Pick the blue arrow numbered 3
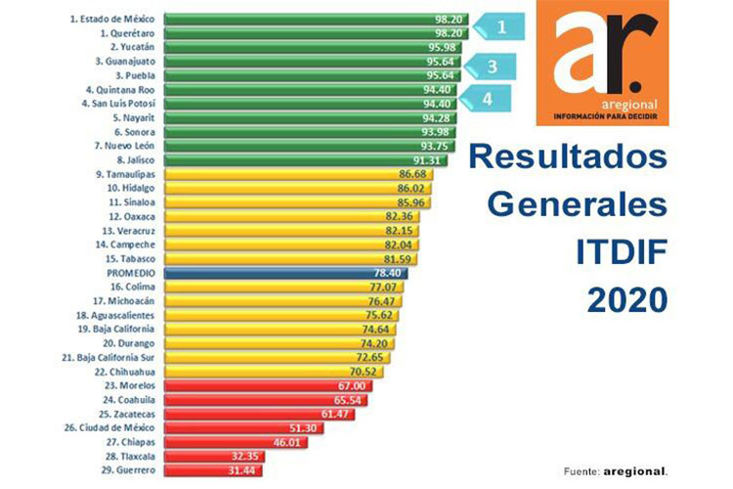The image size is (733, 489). tap(494, 67)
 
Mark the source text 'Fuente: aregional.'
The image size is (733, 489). tap(616, 471)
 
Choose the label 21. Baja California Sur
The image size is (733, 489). tap(117, 358)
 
